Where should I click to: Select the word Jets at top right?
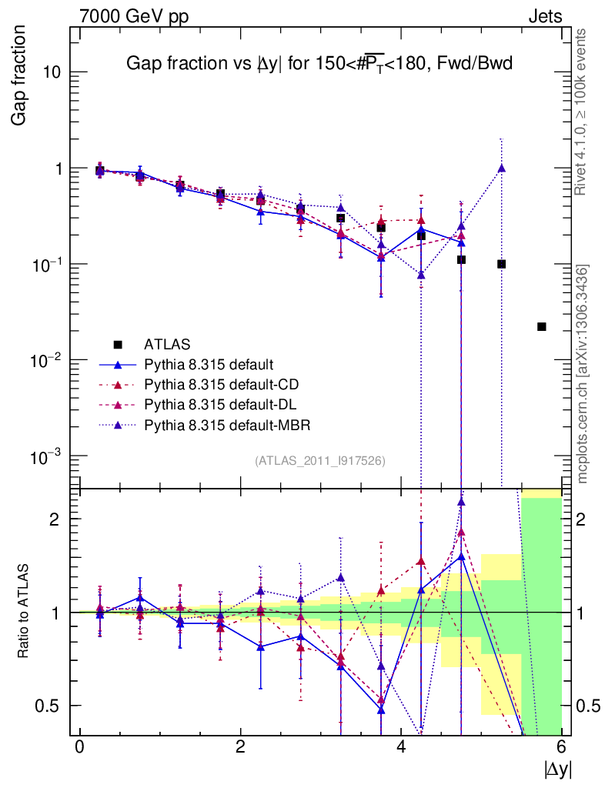coord(544,16)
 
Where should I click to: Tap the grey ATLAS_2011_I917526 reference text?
coord(319,460)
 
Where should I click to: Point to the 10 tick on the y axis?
coord(52,73)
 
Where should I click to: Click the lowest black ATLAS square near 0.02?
coord(541,326)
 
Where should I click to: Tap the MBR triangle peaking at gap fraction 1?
coord(501,168)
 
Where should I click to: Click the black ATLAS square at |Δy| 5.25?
coord(501,264)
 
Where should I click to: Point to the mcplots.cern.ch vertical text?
coord(583,375)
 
